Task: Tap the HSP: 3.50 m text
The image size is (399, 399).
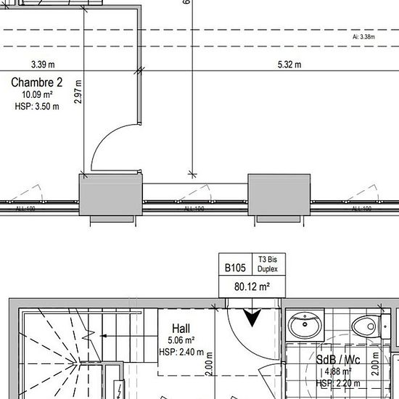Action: [36, 106]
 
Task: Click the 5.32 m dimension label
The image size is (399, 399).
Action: [289, 64]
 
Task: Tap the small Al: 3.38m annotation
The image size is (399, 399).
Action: [363, 36]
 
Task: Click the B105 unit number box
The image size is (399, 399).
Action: [234, 268]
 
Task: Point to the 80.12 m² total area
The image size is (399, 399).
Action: [252, 287]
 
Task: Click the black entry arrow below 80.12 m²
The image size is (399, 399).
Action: [253, 317]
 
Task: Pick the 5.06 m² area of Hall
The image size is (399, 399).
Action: [181, 340]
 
